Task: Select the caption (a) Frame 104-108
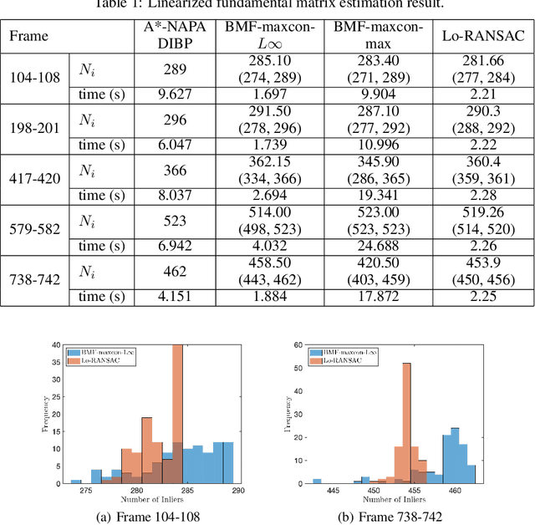147,517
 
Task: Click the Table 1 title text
267,6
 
